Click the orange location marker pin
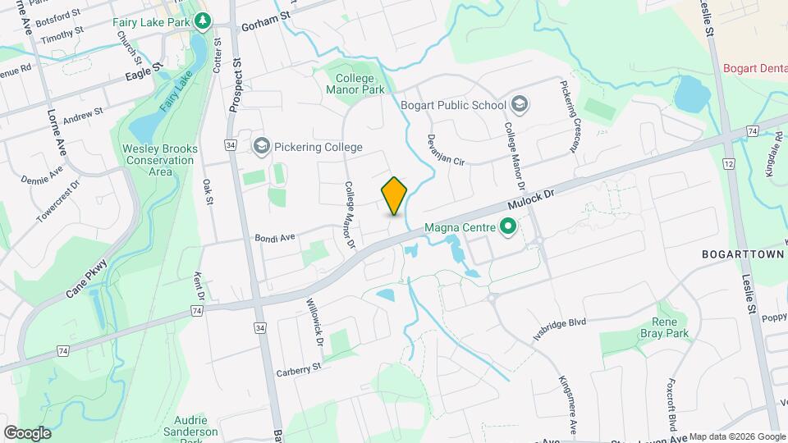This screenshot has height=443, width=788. pyautogui.click(x=395, y=195)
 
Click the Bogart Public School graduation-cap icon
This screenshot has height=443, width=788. pyautogui.click(x=519, y=104)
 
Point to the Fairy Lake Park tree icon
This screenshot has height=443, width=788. pyautogui.click(x=201, y=20)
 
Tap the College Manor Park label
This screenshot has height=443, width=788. pyautogui.click(x=355, y=82)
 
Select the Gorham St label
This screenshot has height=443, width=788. pyautogui.click(x=266, y=25)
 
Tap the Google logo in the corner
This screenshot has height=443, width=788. pyautogui.click(x=27, y=432)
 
